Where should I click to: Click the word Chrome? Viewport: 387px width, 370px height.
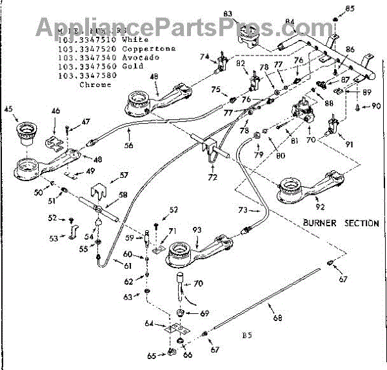coord(94,84)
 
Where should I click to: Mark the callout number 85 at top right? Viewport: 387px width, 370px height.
coord(368,8)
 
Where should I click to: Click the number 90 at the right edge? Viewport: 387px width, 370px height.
coord(376,106)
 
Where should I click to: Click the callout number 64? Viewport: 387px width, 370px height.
coord(148,323)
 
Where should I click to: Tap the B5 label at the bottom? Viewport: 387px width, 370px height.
coord(246,335)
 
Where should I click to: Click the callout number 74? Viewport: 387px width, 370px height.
coord(204,57)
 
